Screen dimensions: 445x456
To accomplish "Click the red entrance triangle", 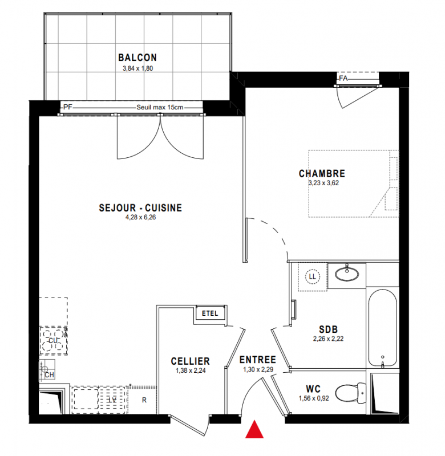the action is (x=254, y=429).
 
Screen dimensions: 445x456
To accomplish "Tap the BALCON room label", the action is (x=137, y=58).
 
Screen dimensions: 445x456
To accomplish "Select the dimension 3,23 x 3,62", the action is (x=323, y=183).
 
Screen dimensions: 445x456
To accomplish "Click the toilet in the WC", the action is (x=350, y=392).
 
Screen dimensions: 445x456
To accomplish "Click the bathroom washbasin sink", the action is (x=347, y=273).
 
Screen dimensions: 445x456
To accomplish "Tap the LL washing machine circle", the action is (x=312, y=276).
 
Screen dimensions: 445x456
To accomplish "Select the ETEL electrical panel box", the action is (x=210, y=313).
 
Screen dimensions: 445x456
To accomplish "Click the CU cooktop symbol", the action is (x=53, y=340).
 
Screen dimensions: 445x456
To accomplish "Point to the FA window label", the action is (x=343, y=78).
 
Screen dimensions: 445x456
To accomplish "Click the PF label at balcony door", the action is (x=67, y=107).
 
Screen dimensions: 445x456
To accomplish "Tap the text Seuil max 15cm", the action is (x=160, y=107).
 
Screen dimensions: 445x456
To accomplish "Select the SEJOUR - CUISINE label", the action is (x=140, y=207).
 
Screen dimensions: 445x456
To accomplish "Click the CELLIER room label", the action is (x=191, y=361).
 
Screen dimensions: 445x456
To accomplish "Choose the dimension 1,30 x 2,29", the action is (x=258, y=369).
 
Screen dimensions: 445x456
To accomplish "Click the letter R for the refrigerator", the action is (x=144, y=400).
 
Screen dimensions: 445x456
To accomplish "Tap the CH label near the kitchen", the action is (x=49, y=375).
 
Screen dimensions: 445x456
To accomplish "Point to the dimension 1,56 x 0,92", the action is (x=314, y=398).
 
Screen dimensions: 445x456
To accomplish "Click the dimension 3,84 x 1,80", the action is (x=137, y=68).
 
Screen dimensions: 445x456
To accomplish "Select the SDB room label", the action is (x=328, y=329).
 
